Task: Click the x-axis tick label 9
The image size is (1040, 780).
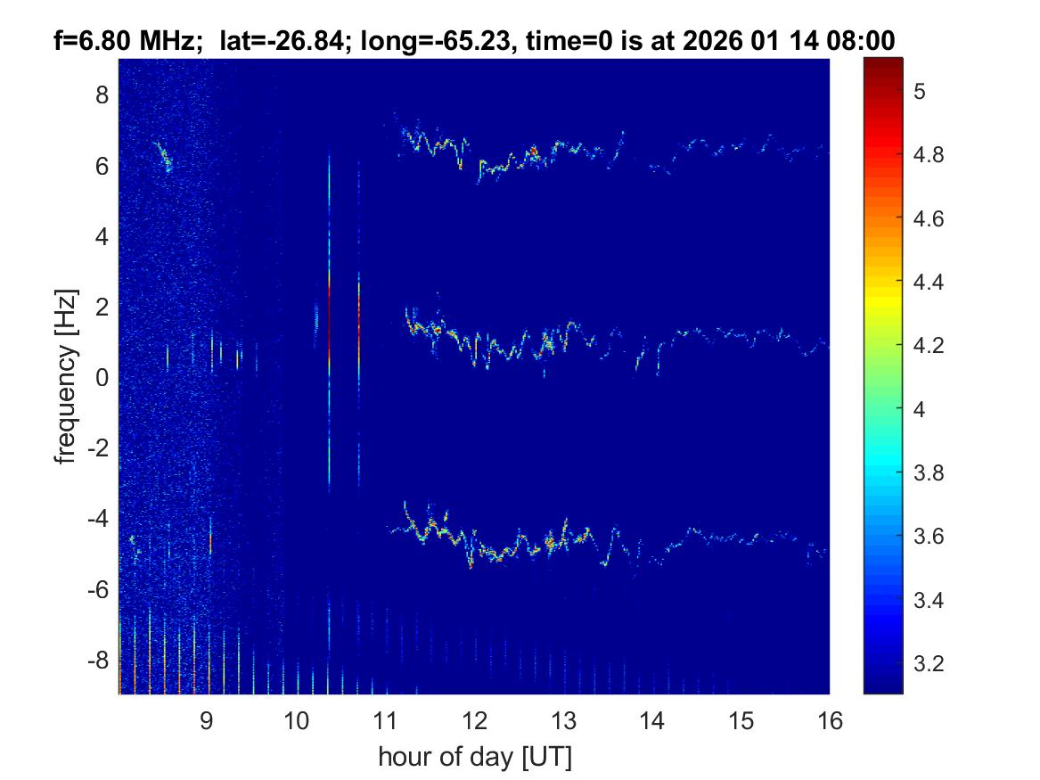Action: pos(206,720)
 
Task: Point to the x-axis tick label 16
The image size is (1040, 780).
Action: pos(830,720)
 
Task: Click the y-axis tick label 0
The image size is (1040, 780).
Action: pos(102,378)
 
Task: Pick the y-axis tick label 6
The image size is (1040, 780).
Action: pos(102,166)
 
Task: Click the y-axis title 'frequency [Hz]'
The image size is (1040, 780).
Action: pos(63,376)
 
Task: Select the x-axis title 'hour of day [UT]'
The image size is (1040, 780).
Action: pos(474,758)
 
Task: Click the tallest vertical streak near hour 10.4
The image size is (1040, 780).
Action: pos(329,321)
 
